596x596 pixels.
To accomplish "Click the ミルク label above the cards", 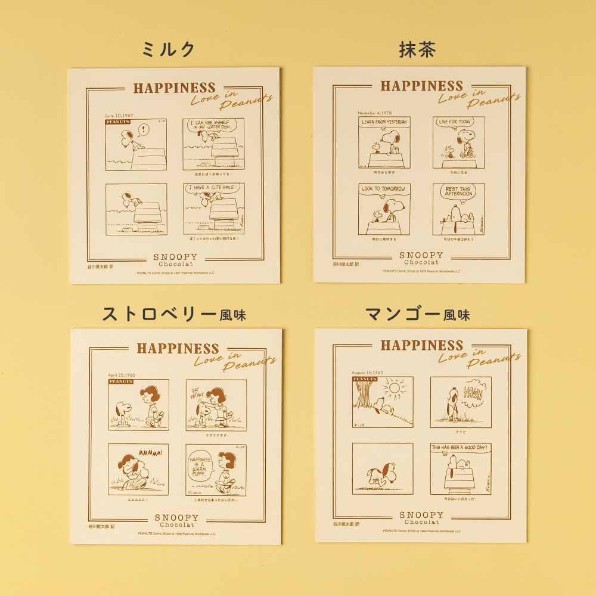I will pos(169,50).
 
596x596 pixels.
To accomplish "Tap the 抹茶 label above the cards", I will pos(417,50).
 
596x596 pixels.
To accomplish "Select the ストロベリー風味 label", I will pos(174,314).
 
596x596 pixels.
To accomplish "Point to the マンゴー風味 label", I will pos(417,314).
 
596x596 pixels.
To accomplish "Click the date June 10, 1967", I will pos(120,116).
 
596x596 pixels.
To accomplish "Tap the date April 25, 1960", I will pos(122,375).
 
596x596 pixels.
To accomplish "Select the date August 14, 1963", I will pos(367,372).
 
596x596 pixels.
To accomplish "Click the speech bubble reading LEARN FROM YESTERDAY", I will pos(384,122).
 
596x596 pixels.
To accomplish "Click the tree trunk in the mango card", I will pos(362,393).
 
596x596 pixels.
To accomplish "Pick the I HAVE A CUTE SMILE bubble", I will pos(213,188).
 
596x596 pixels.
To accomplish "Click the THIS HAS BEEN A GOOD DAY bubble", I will pos(460,447).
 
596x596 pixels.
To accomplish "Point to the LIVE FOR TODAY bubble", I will pos(455,122).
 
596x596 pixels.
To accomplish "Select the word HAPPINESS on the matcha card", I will pos(421,86).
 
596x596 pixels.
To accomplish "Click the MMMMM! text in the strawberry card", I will pos(151,453).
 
